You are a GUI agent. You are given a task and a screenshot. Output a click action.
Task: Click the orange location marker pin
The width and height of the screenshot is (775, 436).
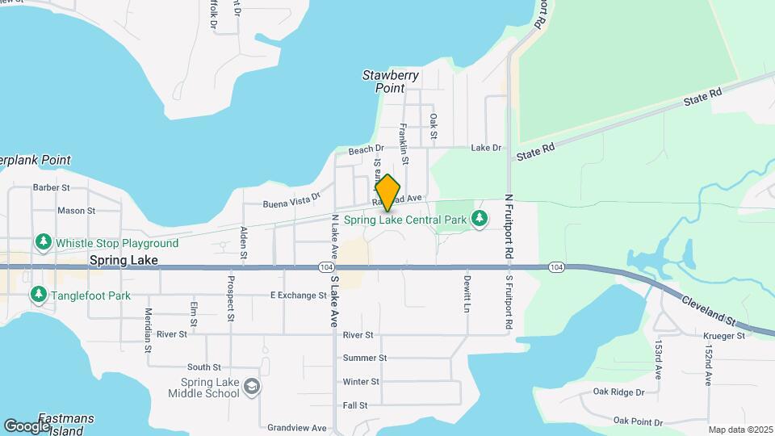387,192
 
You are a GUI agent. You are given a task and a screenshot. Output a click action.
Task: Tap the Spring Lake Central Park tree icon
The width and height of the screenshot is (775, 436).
480,219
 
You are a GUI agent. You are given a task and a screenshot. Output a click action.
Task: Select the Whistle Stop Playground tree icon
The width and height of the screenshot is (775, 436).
42,242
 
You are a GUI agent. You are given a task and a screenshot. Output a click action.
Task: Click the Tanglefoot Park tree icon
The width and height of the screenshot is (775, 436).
38,296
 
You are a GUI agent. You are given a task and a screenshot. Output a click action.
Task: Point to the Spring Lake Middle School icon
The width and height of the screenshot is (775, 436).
252,388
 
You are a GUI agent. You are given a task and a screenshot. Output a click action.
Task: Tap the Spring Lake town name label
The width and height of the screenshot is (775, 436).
124,261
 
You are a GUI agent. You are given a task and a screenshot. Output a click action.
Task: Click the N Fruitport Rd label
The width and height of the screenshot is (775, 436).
509,225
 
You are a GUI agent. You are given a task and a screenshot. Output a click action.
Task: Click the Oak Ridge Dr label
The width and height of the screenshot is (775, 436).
618,392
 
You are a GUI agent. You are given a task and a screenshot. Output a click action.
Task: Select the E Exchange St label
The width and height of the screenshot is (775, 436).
298,296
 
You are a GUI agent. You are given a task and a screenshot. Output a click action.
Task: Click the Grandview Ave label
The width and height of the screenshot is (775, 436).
296,428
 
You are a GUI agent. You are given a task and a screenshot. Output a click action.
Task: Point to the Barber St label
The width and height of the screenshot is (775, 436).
52,187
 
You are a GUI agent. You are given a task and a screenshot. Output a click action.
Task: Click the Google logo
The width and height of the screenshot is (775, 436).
27,426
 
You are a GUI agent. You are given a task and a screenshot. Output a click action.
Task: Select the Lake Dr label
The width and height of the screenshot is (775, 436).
486,148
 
